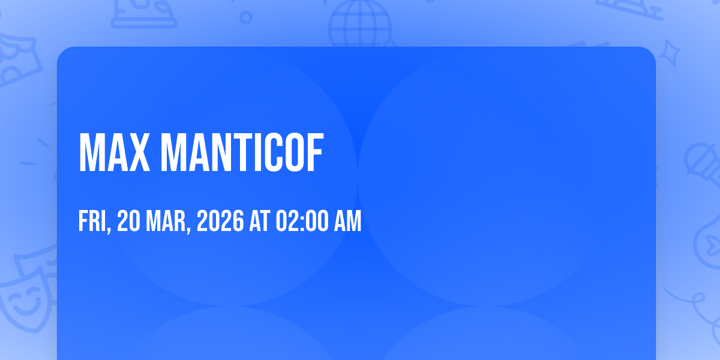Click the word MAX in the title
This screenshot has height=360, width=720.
(x=115, y=152)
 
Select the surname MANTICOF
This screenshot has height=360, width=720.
(x=242, y=152)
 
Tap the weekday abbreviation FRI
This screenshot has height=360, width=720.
(x=92, y=221)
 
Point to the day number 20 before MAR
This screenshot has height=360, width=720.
(x=128, y=221)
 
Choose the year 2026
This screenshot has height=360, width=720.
(x=220, y=221)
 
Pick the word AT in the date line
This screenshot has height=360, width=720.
(x=260, y=221)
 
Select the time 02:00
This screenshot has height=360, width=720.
(x=302, y=221)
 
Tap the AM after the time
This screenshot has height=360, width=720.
(x=348, y=221)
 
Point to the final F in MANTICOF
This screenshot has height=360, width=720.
(x=314, y=152)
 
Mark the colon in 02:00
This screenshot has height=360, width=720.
(x=302, y=223)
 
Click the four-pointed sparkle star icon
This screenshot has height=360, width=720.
(x=669, y=53)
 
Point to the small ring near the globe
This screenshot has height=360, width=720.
(x=246, y=17)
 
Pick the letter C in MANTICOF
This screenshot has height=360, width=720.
(x=274, y=152)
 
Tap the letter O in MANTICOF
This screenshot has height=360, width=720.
(x=295, y=152)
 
